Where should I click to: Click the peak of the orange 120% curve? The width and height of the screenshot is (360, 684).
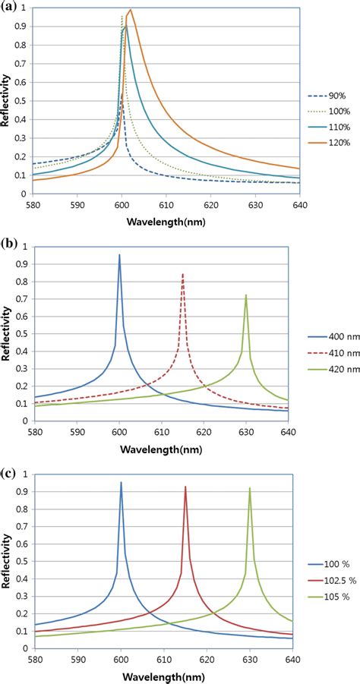tap(131, 10)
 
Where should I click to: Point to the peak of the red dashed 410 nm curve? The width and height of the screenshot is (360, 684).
tap(182, 274)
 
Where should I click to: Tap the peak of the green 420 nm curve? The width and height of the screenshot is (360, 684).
tap(245, 295)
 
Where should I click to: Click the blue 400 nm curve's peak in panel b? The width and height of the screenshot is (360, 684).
tap(119, 255)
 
